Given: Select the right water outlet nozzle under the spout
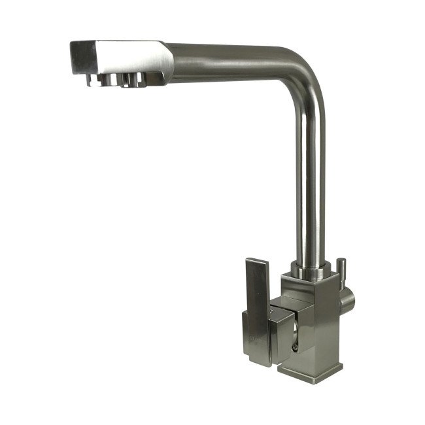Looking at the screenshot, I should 134,80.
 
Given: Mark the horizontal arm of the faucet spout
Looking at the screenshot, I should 229,59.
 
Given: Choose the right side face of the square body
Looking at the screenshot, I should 330,327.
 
